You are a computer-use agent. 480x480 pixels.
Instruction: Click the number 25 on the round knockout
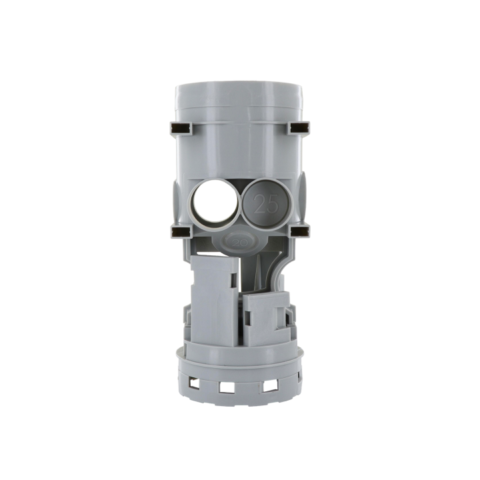(267, 204)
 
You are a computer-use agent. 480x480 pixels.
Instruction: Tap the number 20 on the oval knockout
(240, 244)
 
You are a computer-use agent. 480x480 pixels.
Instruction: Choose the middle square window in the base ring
(227, 387)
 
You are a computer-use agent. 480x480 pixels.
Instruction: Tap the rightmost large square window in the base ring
(270, 386)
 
